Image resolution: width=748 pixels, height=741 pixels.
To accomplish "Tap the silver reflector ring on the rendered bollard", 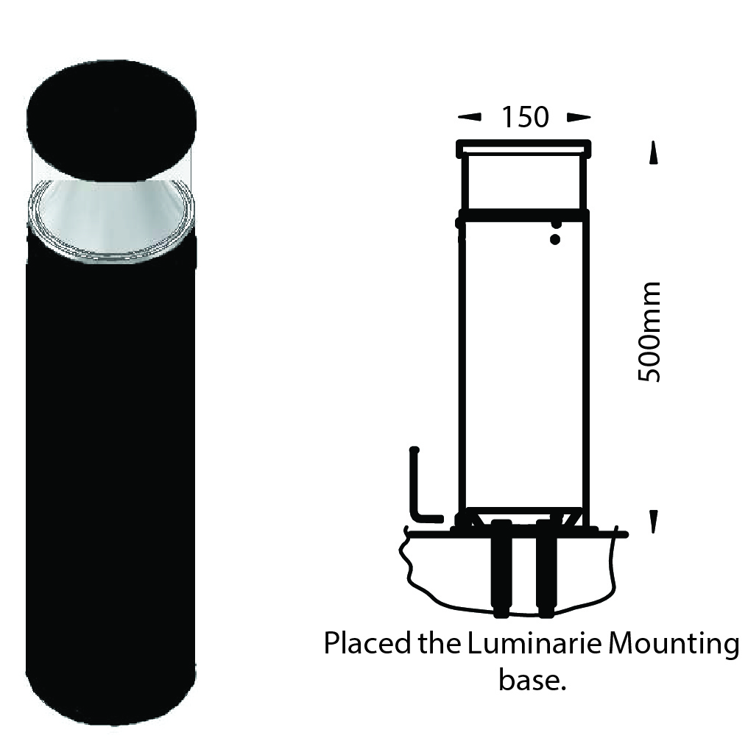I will (x=111, y=220).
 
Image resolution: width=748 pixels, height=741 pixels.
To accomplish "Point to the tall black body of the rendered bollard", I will (x=110, y=471).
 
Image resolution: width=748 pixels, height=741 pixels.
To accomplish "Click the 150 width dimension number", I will (x=525, y=118).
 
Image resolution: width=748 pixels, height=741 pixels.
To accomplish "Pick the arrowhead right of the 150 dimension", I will (x=579, y=117).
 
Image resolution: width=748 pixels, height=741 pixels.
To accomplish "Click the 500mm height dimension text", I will (x=649, y=332).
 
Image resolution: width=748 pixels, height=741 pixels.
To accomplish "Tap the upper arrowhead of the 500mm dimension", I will (x=653, y=154).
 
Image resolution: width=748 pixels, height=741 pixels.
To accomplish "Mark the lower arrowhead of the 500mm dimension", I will (x=653, y=522).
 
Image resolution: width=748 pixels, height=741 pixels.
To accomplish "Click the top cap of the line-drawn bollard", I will (x=524, y=148).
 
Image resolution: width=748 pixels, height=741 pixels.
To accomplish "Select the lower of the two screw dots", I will (x=555, y=239).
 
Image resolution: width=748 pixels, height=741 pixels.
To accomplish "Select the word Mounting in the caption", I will (x=674, y=645).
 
